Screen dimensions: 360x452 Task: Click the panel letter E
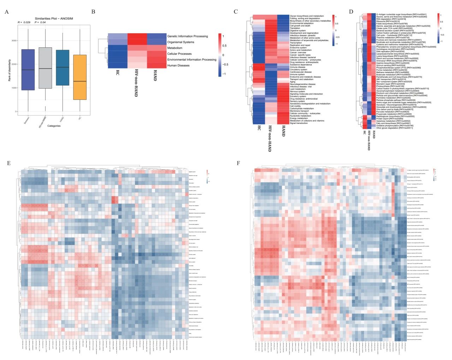pyautogui.click(x=9, y=163)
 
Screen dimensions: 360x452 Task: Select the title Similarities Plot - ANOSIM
pyautogui.click(x=54, y=19)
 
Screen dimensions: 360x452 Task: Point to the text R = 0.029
pyautogui.click(x=24, y=23)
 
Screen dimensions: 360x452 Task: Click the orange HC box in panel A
pyautogui.click(x=80, y=77)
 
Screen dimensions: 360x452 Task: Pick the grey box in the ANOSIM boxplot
pyautogui.click(x=45, y=68)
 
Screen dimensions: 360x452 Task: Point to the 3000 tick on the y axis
pyautogui.click(x=13, y=41)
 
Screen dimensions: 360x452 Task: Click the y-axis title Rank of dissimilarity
pyautogui.click(x=10, y=70)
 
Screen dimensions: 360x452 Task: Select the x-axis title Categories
pyautogui.click(x=54, y=126)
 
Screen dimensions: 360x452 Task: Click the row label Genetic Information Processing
pyautogui.click(x=188, y=36)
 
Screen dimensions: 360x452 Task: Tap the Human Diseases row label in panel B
pyautogui.click(x=179, y=66)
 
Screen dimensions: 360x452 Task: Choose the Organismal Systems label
pyautogui.click(x=181, y=42)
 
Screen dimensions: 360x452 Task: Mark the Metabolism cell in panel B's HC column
pyautogui.click(x=117, y=48)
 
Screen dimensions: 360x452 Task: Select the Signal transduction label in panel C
pyautogui.click(x=299, y=123)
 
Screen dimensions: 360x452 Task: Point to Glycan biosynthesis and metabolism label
pyautogui.click(x=307, y=16)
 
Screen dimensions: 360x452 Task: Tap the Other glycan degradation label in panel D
pyautogui.click(x=394, y=128)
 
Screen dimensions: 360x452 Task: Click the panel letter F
pyautogui.click(x=238, y=163)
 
